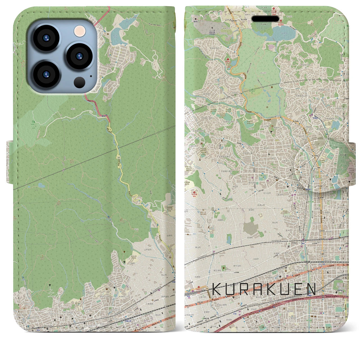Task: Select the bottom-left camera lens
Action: (46, 74)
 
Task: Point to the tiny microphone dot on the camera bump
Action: (91, 76)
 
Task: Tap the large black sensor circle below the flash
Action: (80, 82)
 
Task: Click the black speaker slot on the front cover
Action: (265, 19)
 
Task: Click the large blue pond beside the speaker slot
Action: (281, 35)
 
